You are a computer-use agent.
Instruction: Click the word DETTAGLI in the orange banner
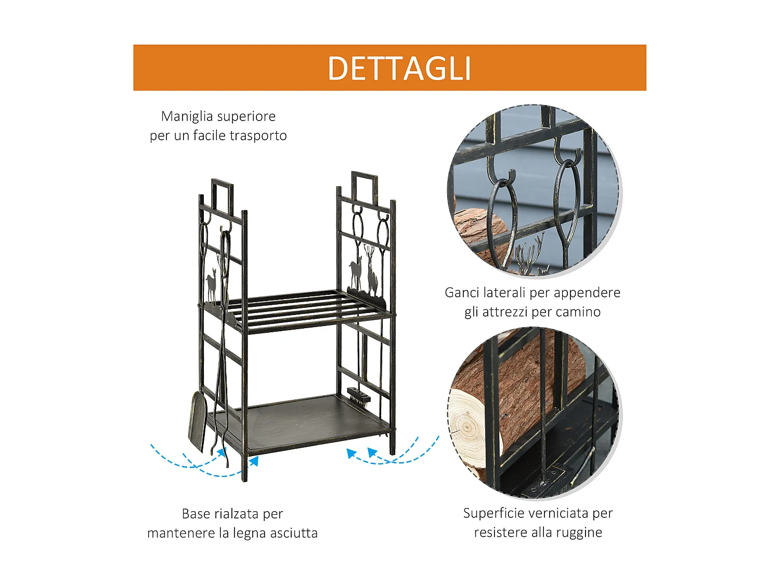[399, 69]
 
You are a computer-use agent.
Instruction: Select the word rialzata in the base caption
[232, 514]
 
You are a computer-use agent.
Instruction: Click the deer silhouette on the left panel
[211, 286]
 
